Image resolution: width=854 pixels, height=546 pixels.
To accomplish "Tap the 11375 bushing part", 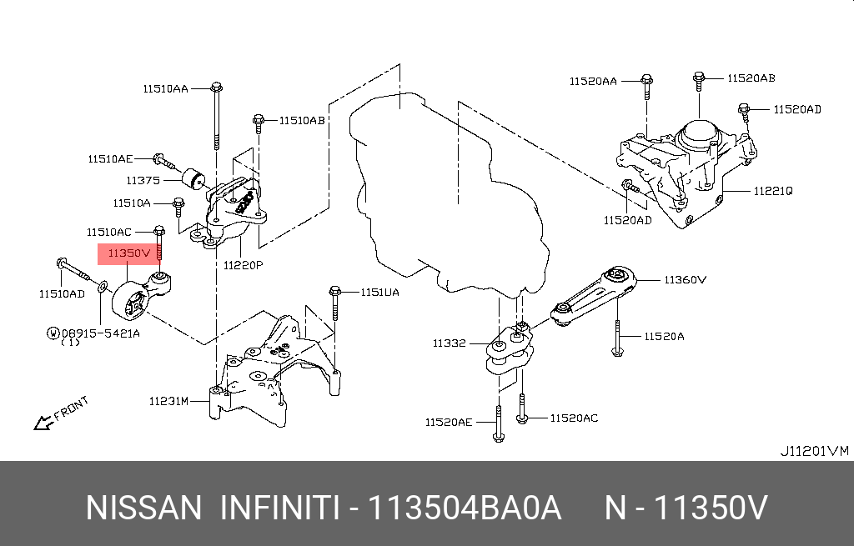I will (197, 178).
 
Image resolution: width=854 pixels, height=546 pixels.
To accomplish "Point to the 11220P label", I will (243, 265).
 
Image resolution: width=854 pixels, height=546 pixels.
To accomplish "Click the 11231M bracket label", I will (169, 401).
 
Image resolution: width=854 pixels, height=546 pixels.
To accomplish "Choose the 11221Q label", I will (773, 191).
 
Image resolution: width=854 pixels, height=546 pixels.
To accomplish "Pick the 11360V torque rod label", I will (686, 280).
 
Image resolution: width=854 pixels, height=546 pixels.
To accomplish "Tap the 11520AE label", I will (449, 423).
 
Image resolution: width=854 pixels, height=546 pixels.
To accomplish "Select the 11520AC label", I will (574, 418).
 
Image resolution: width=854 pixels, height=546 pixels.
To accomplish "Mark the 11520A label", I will (663, 336).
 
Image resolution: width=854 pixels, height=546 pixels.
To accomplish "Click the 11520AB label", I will (751, 78).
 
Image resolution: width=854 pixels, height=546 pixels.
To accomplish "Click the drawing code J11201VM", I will (813, 451).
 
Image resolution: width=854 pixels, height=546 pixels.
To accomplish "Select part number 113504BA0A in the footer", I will (465, 507).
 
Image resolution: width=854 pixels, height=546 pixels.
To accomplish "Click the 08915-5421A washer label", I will (99, 333).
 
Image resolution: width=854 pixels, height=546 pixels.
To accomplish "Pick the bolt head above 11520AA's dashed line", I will (646, 81).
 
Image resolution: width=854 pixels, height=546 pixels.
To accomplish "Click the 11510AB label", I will (301, 120).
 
